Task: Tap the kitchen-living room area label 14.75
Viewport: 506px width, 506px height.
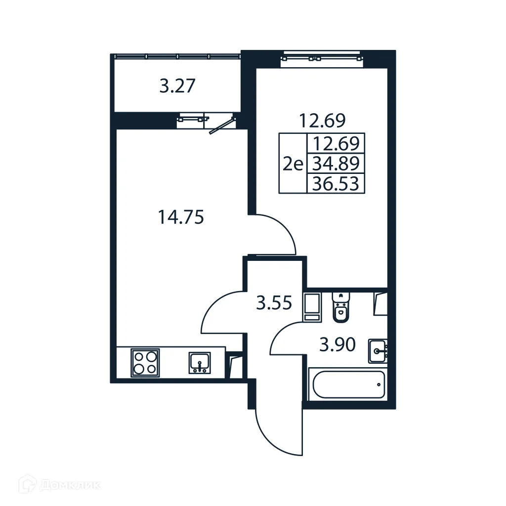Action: pos(181,217)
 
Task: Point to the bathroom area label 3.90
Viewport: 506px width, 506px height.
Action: pos(337,344)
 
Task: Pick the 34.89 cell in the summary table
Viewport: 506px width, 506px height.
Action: pos(336,163)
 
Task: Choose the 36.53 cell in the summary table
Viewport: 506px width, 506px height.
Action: pos(336,184)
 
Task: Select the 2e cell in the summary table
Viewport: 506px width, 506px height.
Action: pos(293,164)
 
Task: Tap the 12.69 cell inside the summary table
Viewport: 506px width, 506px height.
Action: pos(336,143)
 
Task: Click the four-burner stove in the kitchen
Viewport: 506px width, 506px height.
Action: pos(145,363)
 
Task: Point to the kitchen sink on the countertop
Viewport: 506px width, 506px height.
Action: pos(200,363)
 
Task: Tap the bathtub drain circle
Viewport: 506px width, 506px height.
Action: pos(379,384)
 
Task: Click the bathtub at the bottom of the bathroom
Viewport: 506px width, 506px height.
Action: pos(346,385)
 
